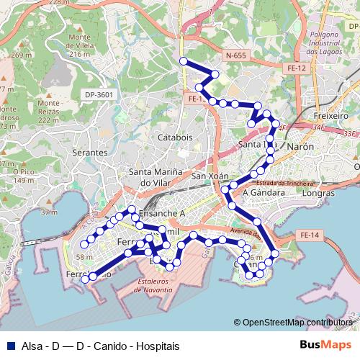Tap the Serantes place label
(89, 154)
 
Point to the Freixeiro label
(332, 115)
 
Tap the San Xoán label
(210, 176)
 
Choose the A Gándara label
(261, 192)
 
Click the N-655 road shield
(235, 55)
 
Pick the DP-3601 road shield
(99, 94)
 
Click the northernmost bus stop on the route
(183, 61)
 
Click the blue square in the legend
(12, 346)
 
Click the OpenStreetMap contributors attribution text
(297, 323)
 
